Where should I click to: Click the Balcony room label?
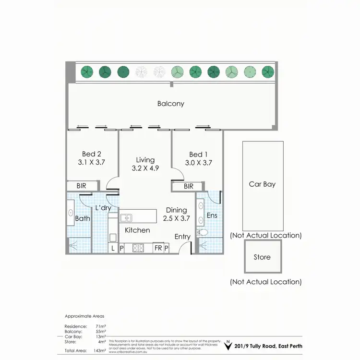170,103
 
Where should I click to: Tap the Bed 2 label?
92,154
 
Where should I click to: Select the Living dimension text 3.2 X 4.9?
145,168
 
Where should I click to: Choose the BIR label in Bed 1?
188,186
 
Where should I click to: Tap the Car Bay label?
262,184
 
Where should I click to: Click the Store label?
262,257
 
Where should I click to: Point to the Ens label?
212,216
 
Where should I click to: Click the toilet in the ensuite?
203,232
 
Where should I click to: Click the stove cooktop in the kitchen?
139,248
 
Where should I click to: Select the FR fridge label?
158,248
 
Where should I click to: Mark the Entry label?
182,237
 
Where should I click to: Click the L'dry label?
103,208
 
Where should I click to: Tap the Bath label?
83,219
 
